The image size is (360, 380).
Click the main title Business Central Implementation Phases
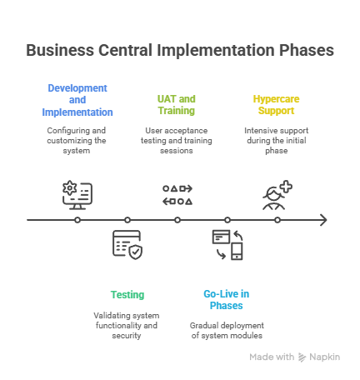(180, 51)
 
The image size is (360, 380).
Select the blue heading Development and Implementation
(77, 99)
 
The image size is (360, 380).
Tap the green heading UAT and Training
(177, 104)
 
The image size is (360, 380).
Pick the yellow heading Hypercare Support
(277, 104)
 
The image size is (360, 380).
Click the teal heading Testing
(127, 294)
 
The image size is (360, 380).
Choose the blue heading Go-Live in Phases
(227, 299)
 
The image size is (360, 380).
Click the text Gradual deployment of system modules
(227, 330)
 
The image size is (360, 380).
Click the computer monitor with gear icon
(77, 192)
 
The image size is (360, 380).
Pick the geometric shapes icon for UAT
(177, 194)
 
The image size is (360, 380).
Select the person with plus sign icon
(277, 194)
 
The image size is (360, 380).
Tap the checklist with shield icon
(127, 245)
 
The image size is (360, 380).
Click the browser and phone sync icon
(227, 244)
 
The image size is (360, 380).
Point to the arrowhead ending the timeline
(323, 220)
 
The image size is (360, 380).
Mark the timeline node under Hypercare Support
(277, 220)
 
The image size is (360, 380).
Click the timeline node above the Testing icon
(127, 220)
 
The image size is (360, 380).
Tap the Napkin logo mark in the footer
(302, 357)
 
